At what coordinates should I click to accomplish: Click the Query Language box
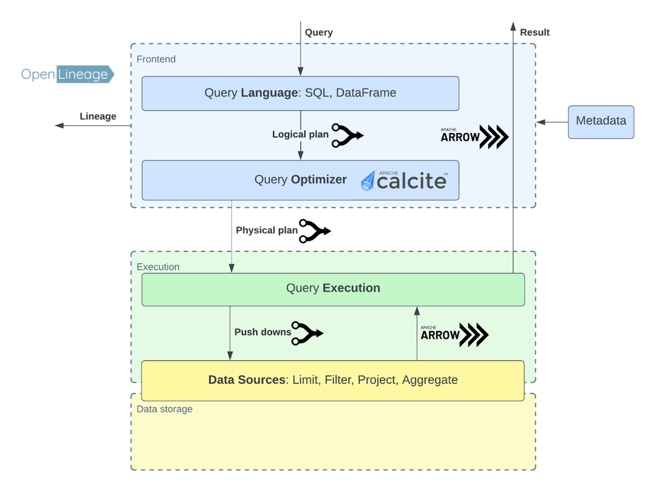(300, 93)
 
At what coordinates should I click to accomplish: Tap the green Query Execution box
(333, 289)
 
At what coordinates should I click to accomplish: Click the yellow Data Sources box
(333, 380)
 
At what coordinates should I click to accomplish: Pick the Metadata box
(601, 121)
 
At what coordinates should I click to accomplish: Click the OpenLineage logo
(67, 74)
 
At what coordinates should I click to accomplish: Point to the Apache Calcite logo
(405, 180)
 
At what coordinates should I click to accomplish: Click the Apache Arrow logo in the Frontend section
(474, 137)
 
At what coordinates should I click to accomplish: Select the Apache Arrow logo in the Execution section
(454, 335)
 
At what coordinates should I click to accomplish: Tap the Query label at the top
(318, 32)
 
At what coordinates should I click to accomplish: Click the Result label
(535, 32)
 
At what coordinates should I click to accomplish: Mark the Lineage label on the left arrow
(98, 116)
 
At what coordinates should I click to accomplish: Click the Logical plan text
(300, 135)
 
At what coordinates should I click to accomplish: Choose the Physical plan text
(267, 231)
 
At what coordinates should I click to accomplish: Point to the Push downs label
(262, 332)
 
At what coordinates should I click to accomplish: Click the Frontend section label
(156, 59)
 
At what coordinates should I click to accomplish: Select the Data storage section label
(165, 409)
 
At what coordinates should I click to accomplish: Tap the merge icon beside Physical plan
(314, 231)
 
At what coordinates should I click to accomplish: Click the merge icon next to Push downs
(307, 333)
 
